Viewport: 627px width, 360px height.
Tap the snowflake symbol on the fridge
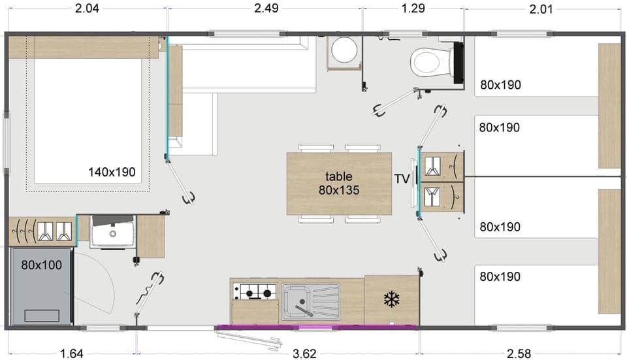point(391,300)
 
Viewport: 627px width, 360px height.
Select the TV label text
point(402,178)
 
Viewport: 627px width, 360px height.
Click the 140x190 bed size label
point(112,172)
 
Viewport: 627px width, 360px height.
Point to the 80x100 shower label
point(41,265)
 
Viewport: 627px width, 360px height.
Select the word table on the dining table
point(339,176)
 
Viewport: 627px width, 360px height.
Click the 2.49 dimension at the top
point(264,8)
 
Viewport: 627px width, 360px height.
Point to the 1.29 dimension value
point(412,8)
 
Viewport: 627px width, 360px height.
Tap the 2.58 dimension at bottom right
point(519,353)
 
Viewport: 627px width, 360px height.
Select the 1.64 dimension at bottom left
point(71,353)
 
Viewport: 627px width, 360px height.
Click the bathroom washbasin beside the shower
point(113,232)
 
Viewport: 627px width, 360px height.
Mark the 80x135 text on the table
point(339,190)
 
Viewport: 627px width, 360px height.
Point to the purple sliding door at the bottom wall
point(317,327)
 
